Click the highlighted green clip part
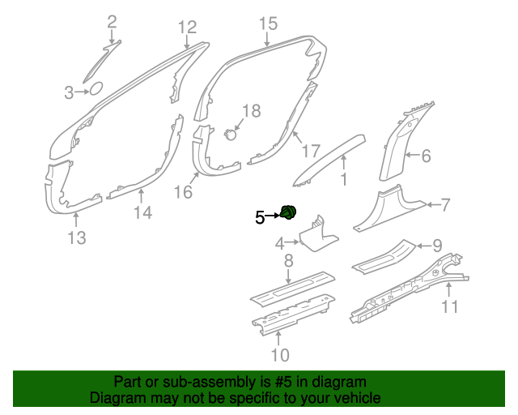(x=288, y=212)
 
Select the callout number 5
(x=260, y=217)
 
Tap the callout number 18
(x=252, y=111)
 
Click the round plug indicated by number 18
(x=231, y=135)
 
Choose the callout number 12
(x=187, y=27)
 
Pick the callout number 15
(x=268, y=24)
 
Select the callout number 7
(x=446, y=204)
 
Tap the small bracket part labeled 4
(x=317, y=235)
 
